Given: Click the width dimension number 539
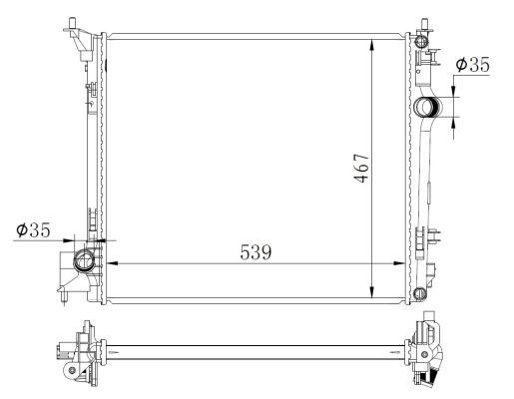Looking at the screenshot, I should click(257, 251).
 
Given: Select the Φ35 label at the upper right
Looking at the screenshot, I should click(472, 65).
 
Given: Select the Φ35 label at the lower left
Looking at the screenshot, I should click(33, 231).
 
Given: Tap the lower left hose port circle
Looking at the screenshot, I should click(84, 263).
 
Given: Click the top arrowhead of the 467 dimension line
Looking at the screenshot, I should click(371, 43).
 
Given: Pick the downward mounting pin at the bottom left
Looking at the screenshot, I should click(64, 298).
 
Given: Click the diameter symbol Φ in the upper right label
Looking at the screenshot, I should click(460, 65).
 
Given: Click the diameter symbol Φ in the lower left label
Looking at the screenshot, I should click(21, 231).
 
